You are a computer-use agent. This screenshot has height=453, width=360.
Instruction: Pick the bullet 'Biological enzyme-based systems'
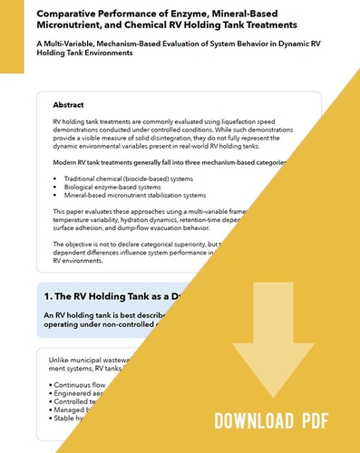point(114,187)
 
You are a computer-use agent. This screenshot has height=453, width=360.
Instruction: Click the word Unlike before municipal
point(58,360)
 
